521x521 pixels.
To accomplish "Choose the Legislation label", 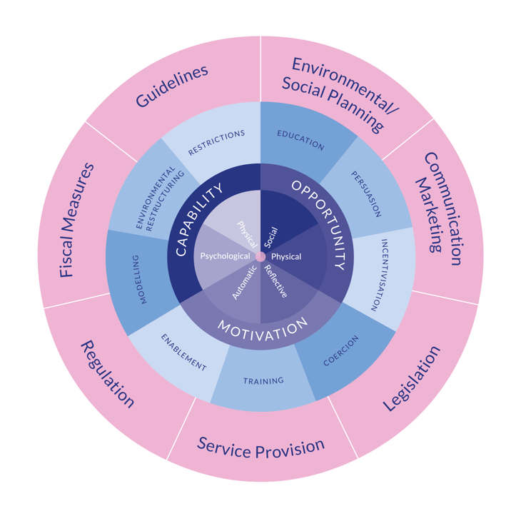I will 412,378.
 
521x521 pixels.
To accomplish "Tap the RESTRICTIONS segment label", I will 216,142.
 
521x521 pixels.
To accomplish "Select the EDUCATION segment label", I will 300,140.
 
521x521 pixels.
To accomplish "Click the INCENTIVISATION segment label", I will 379,275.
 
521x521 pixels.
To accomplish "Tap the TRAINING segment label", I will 263,380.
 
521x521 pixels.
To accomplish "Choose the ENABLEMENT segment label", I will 183,352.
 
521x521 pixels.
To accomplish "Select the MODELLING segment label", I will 142,279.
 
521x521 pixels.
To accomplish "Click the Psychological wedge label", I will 225,256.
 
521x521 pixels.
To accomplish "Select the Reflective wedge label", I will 275,281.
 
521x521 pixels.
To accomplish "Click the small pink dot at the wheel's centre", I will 260,257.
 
